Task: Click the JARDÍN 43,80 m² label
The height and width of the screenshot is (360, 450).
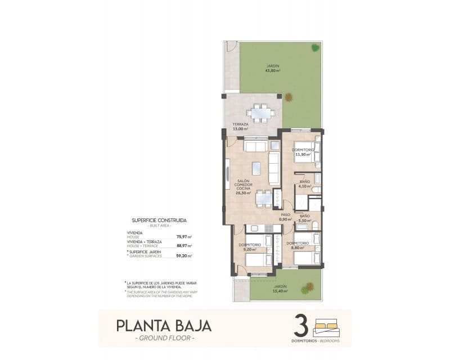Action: (x=273, y=69)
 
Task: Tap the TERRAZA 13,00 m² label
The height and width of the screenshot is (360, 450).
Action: (x=240, y=127)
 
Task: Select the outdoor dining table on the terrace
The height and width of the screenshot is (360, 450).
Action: (x=262, y=112)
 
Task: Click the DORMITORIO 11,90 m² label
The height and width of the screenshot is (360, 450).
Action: (x=303, y=152)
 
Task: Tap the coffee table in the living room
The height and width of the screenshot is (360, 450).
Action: (x=256, y=168)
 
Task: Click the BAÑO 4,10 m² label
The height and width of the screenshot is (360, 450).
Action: (x=305, y=184)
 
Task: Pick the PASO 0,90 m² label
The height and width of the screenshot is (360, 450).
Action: (x=286, y=217)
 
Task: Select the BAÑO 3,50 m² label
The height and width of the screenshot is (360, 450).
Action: (x=305, y=219)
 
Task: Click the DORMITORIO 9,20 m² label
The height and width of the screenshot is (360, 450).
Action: (x=250, y=247)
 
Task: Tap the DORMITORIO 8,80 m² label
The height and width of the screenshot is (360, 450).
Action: (x=297, y=245)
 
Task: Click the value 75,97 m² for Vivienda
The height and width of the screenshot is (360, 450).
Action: (x=184, y=237)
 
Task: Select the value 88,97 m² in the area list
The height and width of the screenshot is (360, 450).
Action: (x=184, y=246)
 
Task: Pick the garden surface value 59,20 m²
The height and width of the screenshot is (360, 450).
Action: (x=184, y=255)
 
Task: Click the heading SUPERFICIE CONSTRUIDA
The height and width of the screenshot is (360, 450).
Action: (x=159, y=220)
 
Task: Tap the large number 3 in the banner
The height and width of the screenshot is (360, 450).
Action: (x=300, y=326)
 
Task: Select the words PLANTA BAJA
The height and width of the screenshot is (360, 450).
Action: (x=156, y=326)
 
